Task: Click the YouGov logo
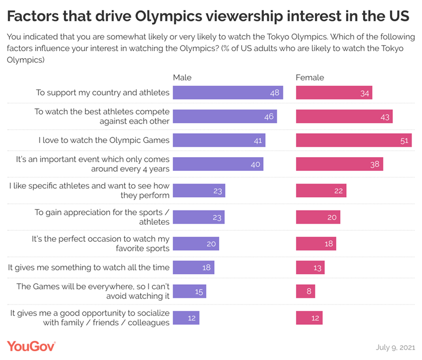click(31, 346)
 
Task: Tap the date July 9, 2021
click(396, 347)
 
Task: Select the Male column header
click(182, 77)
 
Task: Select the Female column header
click(310, 77)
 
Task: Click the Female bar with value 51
click(354, 140)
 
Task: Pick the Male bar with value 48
click(228, 93)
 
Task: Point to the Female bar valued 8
click(306, 291)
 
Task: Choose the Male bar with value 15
click(190, 291)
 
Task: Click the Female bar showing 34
click(334, 93)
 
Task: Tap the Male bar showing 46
click(225, 117)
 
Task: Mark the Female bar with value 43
click(344, 117)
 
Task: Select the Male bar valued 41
click(219, 140)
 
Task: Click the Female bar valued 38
click(340, 164)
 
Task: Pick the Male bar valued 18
click(193, 267)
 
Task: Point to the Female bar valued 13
click(310, 267)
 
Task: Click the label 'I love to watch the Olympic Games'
click(104, 140)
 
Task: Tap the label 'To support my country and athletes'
click(103, 93)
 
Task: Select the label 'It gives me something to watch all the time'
click(89, 267)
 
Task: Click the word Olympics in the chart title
click(169, 16)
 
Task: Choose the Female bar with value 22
click(321, 191)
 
